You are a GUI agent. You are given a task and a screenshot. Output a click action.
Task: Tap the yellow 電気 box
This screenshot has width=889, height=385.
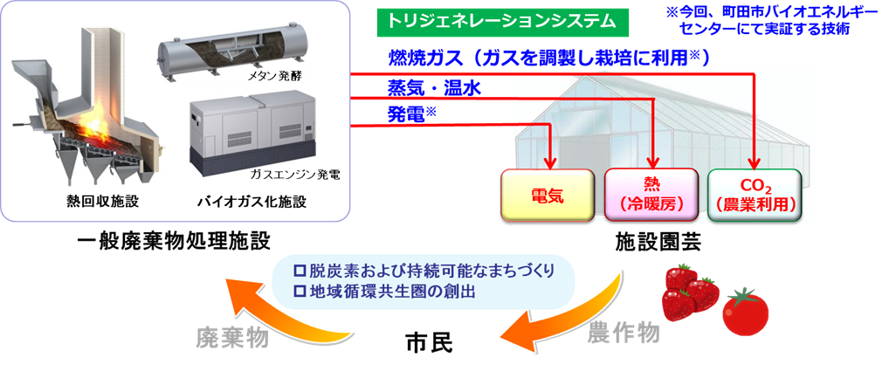548,195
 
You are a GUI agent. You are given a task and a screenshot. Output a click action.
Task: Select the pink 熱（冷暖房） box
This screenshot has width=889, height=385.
651,195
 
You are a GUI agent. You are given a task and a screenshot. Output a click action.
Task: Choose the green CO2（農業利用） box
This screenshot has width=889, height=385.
755,195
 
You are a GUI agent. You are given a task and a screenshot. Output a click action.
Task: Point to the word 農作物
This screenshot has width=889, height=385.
624,332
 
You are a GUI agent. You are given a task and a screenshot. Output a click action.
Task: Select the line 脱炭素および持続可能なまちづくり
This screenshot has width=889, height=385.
424,269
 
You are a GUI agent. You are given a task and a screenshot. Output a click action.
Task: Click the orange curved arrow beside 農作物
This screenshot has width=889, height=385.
568,314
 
